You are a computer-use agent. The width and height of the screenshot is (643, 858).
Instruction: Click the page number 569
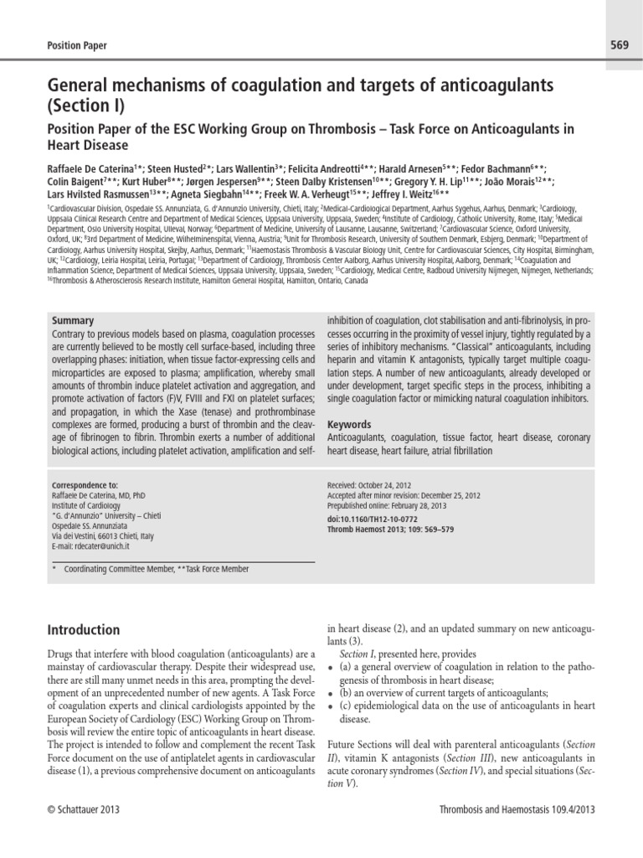[615, 44]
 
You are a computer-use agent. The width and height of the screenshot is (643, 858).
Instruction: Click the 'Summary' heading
[73, 321]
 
